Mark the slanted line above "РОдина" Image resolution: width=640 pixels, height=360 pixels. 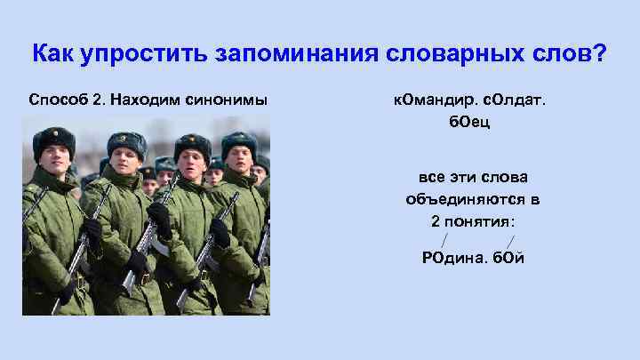coord(442,240)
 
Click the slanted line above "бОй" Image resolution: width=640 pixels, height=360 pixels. coord(509,240)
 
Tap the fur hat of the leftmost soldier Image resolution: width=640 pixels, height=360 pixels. coord(53,138)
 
